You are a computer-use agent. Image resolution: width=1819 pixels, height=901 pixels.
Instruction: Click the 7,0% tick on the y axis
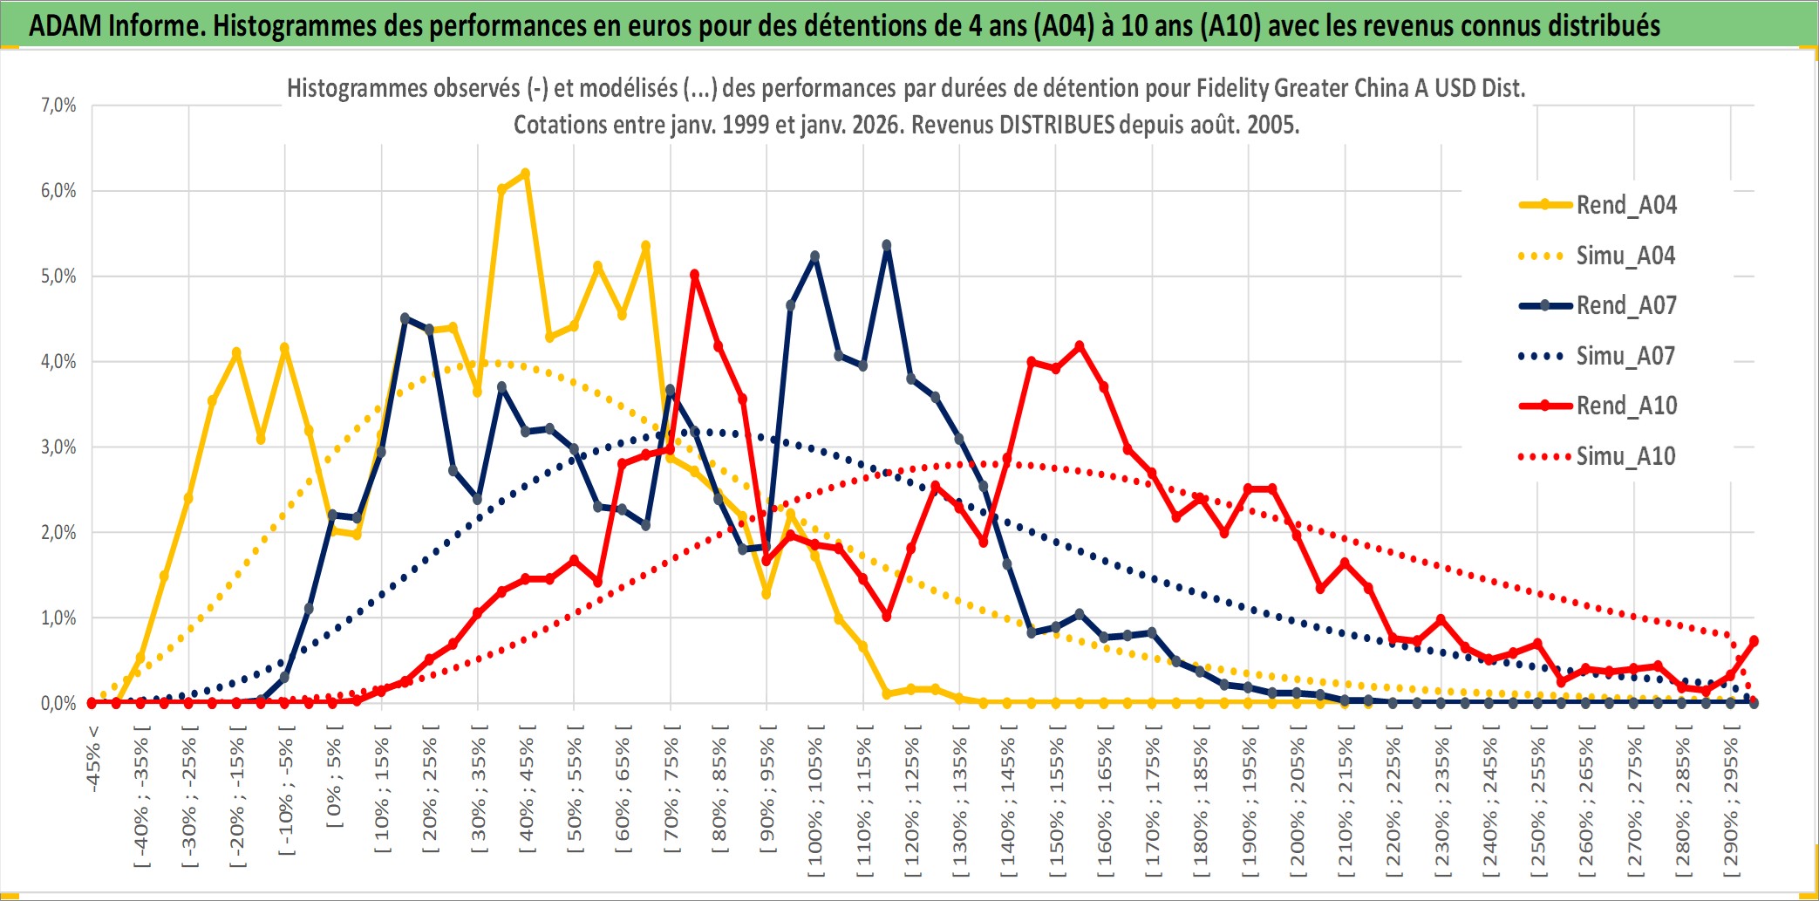pos(58,106)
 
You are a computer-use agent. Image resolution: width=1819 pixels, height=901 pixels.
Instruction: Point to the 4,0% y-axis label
pos(58,362)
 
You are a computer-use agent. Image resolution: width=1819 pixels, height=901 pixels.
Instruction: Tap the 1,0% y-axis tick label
pos(58,618)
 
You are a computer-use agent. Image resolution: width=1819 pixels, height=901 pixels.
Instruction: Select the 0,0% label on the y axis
pos(58,703)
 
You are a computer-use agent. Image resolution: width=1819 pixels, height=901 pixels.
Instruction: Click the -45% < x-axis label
pos(93,759)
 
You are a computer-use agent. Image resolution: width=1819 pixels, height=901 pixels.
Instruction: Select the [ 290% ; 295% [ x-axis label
pos(1731,802)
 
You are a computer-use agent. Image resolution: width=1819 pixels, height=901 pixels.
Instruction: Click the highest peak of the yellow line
pos(525,174)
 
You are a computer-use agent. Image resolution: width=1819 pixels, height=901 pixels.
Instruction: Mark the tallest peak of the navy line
pos(887,245)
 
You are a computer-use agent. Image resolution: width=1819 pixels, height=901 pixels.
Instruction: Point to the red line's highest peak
pos(694,275)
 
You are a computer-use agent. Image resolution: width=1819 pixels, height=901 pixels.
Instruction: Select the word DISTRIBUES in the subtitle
pos(1056,125)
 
